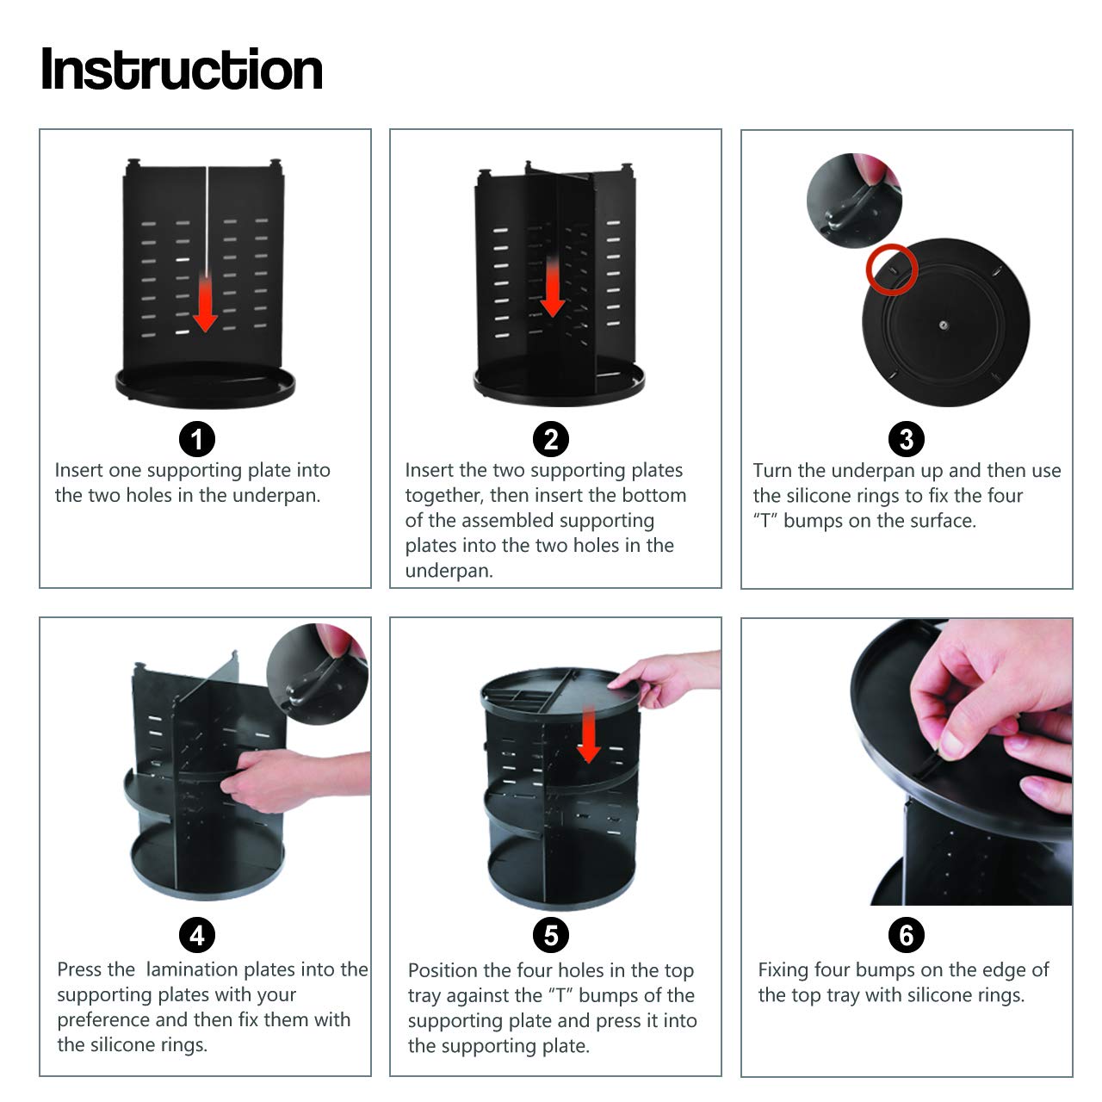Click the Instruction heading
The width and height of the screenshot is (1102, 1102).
point(182,69)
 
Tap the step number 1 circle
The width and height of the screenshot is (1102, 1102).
point(197,440)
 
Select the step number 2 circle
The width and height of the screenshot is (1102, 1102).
point(551,440)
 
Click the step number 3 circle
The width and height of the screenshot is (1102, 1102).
point(906,440)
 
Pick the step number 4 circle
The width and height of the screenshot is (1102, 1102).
point(197,935)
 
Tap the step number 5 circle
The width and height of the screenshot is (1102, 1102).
point(551,935)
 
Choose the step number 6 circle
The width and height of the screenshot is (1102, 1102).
point(906,935)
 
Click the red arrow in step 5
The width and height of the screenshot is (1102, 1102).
point(589,735)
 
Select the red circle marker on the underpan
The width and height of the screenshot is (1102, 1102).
point(892,269)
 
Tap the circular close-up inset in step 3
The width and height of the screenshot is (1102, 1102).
point(854,200)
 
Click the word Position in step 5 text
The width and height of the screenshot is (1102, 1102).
point(443,970)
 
